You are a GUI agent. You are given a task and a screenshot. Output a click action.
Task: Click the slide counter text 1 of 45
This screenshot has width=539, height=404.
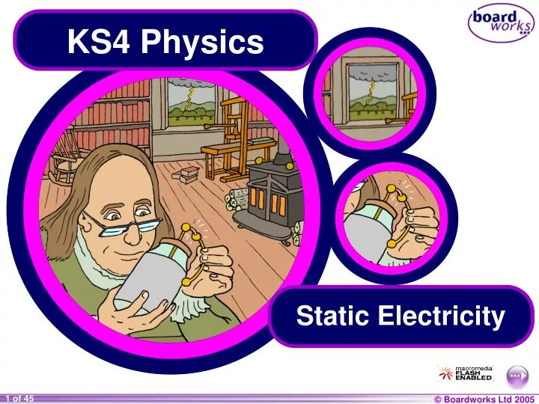click(x=19, y=399)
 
